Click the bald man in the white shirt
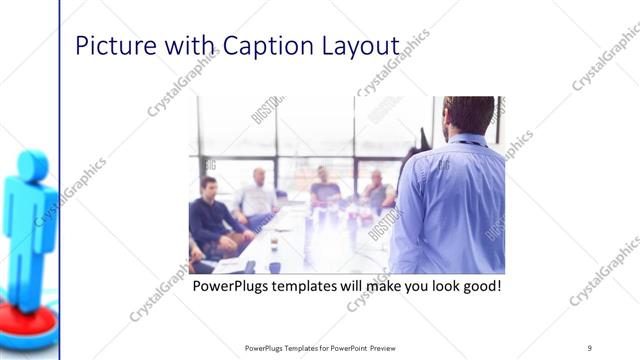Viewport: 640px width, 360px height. [258, 195]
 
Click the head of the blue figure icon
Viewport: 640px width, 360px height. [32, 166]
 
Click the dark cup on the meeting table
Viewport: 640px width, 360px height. [273, 242]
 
